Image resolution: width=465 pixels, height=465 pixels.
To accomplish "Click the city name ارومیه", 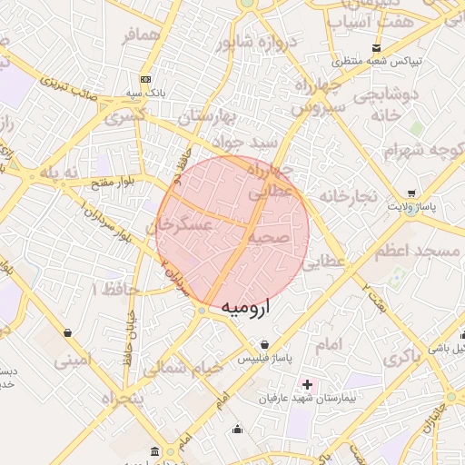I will click(x=247, y=309).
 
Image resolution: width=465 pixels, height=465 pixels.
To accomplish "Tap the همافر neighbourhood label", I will click(x=141, y=36).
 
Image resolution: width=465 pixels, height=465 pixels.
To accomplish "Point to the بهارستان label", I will click(x=206, y=117).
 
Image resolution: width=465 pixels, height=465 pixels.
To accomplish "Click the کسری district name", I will click(x=125, y=117).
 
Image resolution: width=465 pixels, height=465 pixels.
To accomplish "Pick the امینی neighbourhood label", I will click(x=73, y=360).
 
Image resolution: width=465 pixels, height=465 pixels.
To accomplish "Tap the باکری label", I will click(x=403, y=358).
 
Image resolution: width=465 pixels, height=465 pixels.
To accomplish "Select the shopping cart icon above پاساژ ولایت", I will click(x=413, y=193).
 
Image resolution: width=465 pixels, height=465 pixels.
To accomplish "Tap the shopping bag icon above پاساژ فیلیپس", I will click(x=264, y=344).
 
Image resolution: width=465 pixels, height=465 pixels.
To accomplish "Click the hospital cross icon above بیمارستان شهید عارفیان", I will click(x=308, y=384).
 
